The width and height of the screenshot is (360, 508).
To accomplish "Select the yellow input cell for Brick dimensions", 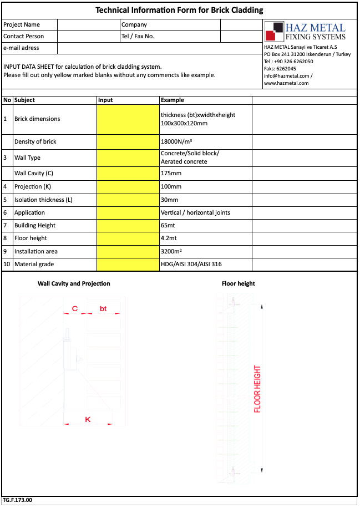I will [128, 119].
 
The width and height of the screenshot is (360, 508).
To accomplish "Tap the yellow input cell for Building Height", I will [128, 225].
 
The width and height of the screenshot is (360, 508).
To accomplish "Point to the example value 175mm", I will [171, 174].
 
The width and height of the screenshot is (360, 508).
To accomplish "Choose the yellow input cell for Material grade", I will [128, 264].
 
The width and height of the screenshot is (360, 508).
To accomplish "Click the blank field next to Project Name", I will [88, 24].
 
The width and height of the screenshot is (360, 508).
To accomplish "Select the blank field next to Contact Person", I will [88, 36].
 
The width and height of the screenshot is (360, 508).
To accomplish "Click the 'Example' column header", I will [173, 100].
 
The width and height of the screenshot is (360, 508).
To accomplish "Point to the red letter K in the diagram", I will [88, 420].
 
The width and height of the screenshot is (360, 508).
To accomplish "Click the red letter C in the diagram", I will [74, 308].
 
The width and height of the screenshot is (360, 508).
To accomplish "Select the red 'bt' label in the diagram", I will [103, 308].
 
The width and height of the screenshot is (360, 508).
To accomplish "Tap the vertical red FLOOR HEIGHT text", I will [257, 389].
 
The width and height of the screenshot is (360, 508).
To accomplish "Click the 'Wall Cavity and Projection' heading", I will [74, 283].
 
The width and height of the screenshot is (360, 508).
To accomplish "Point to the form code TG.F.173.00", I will [18, 500].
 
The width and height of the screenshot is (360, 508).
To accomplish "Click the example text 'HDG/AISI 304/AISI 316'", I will [191, 264].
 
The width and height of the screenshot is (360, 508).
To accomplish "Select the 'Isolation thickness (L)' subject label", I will [44, 200].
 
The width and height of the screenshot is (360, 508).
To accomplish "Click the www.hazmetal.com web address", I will [286, 83].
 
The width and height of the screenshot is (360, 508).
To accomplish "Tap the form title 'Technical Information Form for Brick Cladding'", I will [179, 10].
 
